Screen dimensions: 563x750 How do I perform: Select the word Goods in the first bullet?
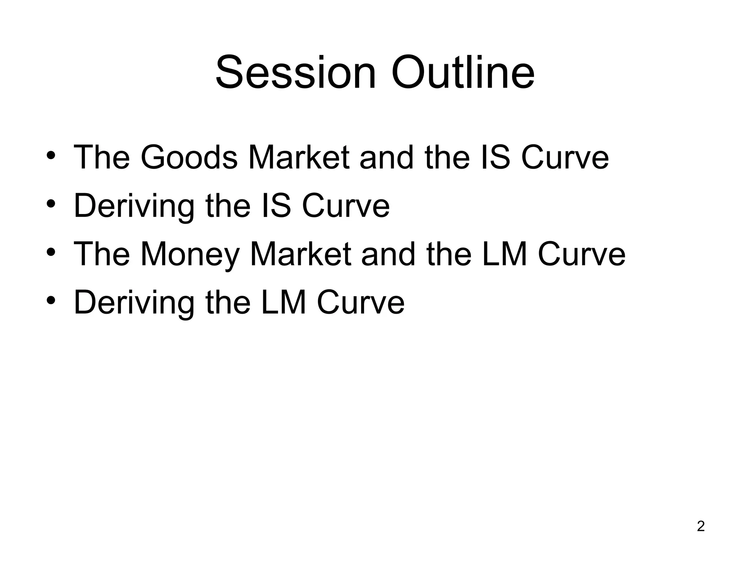pyautogui.click(x=189, y=158)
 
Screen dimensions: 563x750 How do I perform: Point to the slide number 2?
pyautogui.click(x=701, y=526)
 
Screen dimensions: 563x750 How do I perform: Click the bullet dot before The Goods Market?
pyautogui.click(x=51, y=155)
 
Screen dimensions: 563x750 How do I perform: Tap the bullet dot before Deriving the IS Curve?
pyautogui.click(x=51, y=204)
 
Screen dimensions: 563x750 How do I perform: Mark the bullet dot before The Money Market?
pyautogui.click(x=51, y=252)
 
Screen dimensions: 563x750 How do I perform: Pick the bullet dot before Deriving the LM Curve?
pyautogui.click(x=51, y=301)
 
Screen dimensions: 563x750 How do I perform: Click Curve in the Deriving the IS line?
pyautogui.click(x=346, y=206)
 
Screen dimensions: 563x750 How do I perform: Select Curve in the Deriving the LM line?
pyautogui.click(x=361, y=303)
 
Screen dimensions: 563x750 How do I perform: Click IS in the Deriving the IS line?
pyautogui.click(x=276, y=206)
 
